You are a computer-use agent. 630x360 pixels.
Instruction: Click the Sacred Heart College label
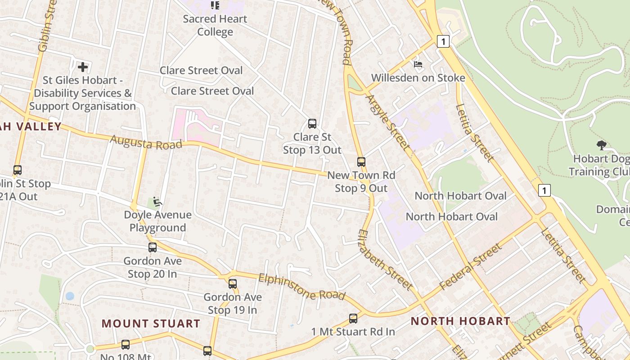coord(215,25)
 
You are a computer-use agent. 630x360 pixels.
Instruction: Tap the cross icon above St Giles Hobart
coord(83,67)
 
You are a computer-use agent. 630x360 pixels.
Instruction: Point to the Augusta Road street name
coord(146,143)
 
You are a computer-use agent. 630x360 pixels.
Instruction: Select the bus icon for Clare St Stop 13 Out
coord(312,124)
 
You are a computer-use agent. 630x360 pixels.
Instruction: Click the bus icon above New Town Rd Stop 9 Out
coord(361,162)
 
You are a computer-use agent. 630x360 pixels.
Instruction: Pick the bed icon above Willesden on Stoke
coord(418,64)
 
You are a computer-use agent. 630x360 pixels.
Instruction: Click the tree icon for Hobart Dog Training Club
coord(601,145)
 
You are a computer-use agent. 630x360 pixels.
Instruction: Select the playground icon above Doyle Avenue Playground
coord(157,202)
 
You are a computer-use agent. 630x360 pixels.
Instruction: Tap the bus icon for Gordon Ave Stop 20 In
coord(153,247)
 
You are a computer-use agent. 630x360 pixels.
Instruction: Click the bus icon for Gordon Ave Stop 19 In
coord(232,284)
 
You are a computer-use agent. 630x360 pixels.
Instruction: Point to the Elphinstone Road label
coord(301,287)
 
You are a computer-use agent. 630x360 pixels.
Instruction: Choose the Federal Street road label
coord(470,266)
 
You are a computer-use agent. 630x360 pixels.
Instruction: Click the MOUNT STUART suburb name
coord(151,324)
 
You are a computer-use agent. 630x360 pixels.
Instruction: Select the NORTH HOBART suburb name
coord(460,321)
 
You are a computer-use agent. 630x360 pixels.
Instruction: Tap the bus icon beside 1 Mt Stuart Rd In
coord(353,319)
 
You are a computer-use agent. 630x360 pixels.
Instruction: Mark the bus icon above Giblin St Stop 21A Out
coord(18,170)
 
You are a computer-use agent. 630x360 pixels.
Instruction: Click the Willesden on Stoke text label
coord(418,78)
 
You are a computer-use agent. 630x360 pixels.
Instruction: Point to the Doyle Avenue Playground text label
coord(157,221)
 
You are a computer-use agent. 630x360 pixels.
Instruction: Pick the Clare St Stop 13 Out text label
coord(312,143)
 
